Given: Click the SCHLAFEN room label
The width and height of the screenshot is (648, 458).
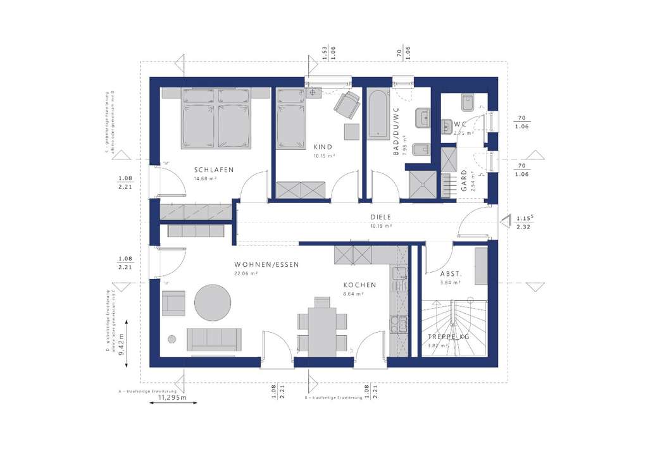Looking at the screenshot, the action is tap(215, 170).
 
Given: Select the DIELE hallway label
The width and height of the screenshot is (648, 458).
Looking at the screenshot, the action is tap(381, 217).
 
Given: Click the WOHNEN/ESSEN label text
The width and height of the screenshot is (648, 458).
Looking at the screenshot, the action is tap(266, 264).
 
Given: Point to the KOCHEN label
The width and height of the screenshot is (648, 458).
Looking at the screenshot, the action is tap(359, 285).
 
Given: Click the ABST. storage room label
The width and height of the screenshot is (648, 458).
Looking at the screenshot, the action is tap(451, 273).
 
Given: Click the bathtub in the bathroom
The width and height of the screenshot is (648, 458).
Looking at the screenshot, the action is tap(378, 114).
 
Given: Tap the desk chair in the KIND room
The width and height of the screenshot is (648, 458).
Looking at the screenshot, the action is tap(346, 104).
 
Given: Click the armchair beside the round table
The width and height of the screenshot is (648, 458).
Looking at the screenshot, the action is tap(173, 303).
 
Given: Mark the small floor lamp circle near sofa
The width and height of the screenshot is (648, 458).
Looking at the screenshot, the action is tap(171, 339).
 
